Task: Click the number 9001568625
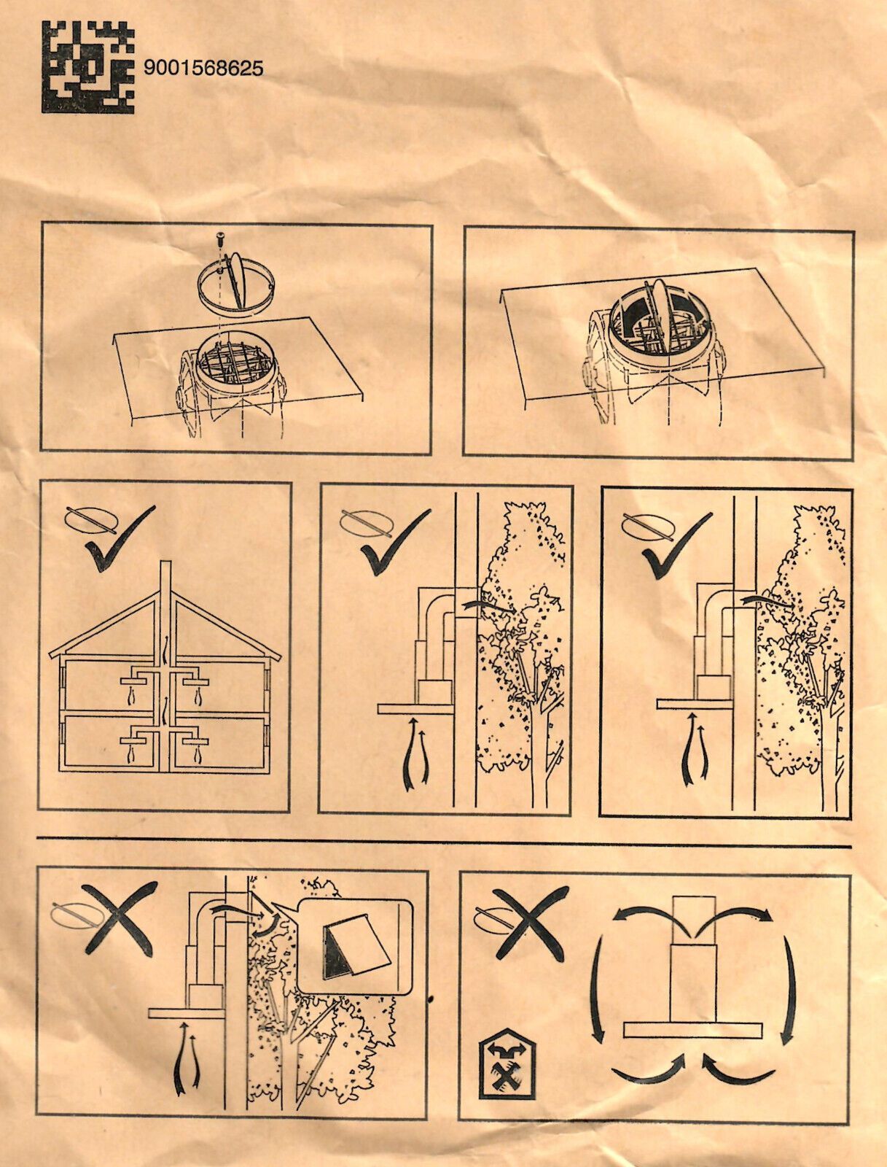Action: [203, 69]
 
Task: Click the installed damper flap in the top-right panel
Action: [659, 314]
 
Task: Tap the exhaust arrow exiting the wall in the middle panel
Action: [487, 605]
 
